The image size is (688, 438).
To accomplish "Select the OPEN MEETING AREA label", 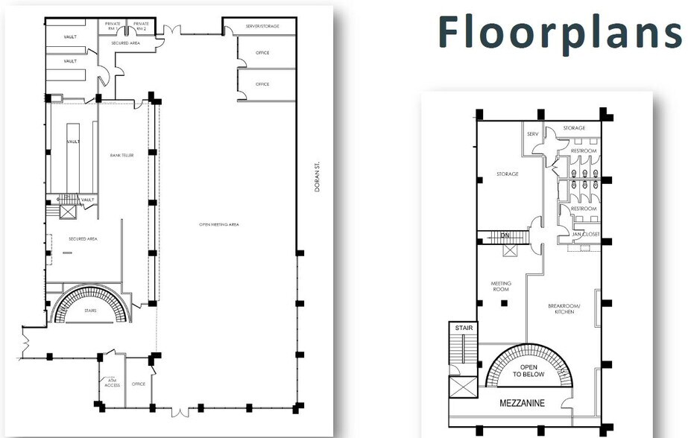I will tap(218, 223).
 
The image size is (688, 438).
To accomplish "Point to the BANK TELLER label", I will tap(121, 155).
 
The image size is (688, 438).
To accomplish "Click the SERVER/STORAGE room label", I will tap(262, 26).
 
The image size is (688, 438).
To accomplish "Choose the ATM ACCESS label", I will tap(112, 383).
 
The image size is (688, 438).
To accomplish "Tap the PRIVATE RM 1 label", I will tap(113, 25).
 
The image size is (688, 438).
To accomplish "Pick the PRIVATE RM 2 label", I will tap(141, 25).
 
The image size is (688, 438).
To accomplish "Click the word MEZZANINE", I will tap(521, 403).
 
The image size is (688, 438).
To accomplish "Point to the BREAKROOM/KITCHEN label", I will tap(561, 308).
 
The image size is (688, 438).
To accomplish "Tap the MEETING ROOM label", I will tap(500, 286).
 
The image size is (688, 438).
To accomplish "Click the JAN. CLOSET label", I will tap(585, 234).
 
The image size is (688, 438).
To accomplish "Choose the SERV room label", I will tap(532, 134).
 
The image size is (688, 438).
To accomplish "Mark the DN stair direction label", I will tap(504, 235).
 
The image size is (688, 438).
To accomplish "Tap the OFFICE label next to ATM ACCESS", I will tap(138, 384).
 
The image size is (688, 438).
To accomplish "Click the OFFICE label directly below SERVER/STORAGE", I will tap(262, 53).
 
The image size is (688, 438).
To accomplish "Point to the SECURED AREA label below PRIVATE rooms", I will tap(126, 43).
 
